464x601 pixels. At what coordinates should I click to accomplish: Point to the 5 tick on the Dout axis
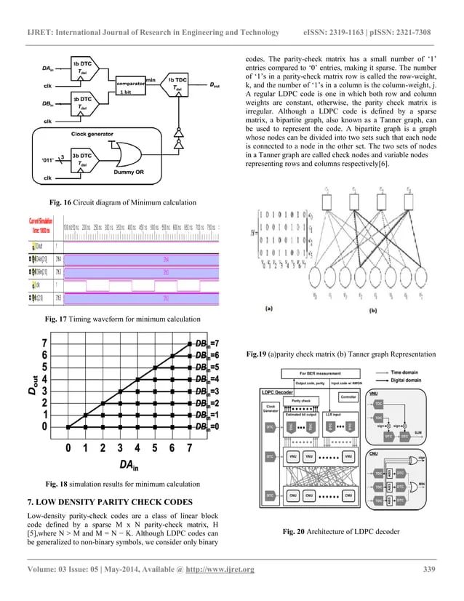tap(45, 367)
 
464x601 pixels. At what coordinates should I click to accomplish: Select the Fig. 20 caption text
tap(341, 532)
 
